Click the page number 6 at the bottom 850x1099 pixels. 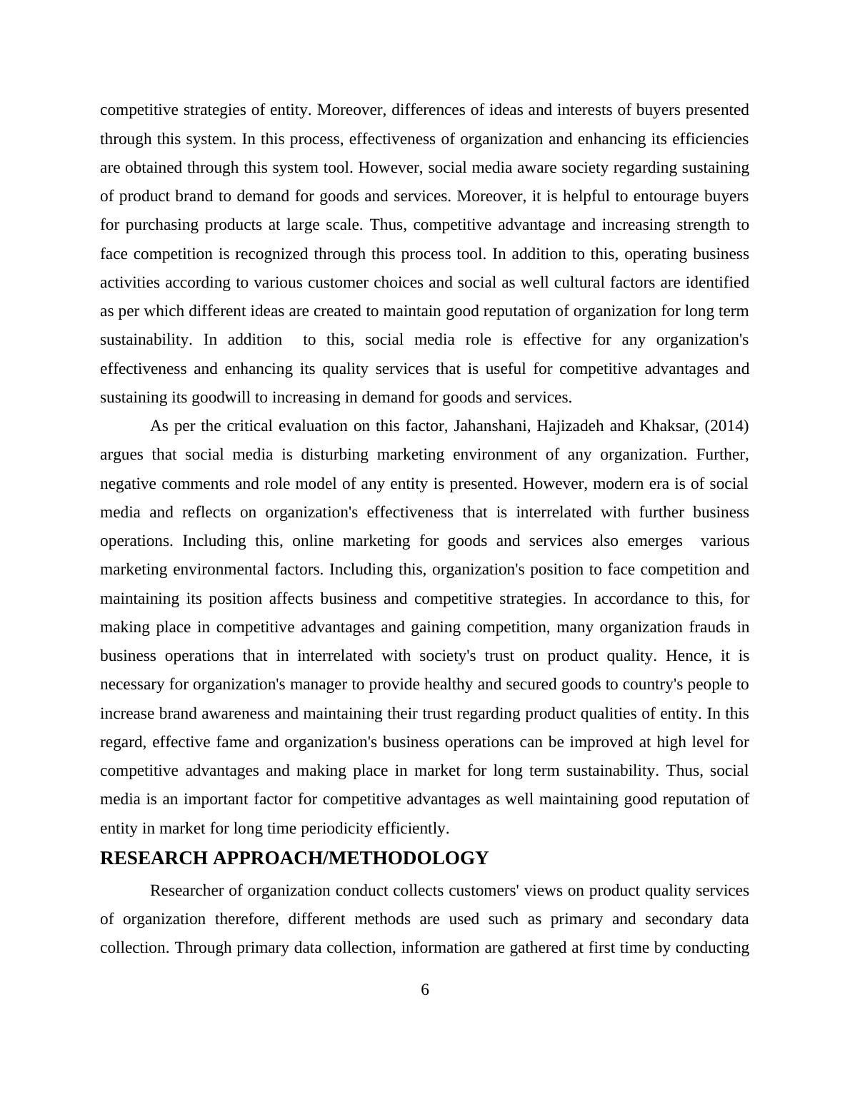pyautogui.click(x=425, y=990)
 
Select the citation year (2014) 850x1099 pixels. pyautogui.click(x=727, y=427)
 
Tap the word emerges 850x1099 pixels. pyautogui.click(x=655, y=541)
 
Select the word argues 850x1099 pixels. pyautogui.click(x=121, y=455)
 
